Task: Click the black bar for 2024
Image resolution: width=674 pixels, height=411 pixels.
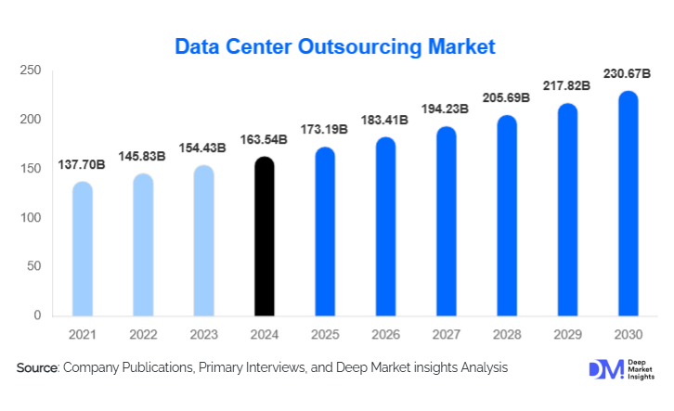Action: coord(264,237)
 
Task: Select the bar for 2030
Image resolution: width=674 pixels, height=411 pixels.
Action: coord(628,204)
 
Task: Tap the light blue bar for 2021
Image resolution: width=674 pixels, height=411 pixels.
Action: coord(83,249)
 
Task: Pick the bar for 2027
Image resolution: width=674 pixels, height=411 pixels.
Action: coord(446,222)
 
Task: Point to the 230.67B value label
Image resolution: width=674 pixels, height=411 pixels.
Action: coord(628,74)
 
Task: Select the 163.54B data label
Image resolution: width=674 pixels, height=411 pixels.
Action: coord(264,140)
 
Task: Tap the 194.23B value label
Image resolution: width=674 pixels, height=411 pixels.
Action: coord(446,109)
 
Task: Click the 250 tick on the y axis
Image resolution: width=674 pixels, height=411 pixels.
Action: coord(31,71)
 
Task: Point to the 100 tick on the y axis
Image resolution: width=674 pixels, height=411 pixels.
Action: coord(31,218)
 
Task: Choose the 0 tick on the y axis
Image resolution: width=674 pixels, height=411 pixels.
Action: coord(37,316)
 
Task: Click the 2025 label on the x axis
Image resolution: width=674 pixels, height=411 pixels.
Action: coord(325,333)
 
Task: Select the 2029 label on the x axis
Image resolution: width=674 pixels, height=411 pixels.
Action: coord(567,333)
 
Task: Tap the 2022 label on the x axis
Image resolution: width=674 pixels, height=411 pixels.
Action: coord(143,333)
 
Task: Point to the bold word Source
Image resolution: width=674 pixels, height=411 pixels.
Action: coord(37,368)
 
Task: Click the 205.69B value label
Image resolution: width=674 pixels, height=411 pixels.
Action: coord(507,97)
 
